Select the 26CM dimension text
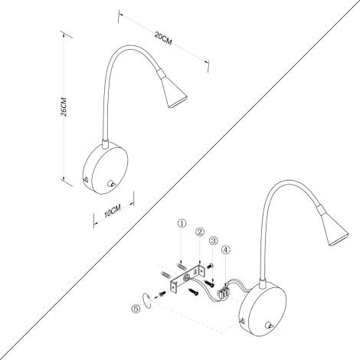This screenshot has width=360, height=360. click(x=68, y=107)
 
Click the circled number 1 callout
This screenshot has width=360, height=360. click(x=182, y=224)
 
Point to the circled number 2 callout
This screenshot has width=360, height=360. click(x=199, y=232)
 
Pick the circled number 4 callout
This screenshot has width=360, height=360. click(x=226, y=249)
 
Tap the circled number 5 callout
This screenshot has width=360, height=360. click(x=136, y=310)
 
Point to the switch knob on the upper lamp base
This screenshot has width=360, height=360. click(x=113, y=184)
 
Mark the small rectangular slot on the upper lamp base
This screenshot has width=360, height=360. click(x=86, y=181)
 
